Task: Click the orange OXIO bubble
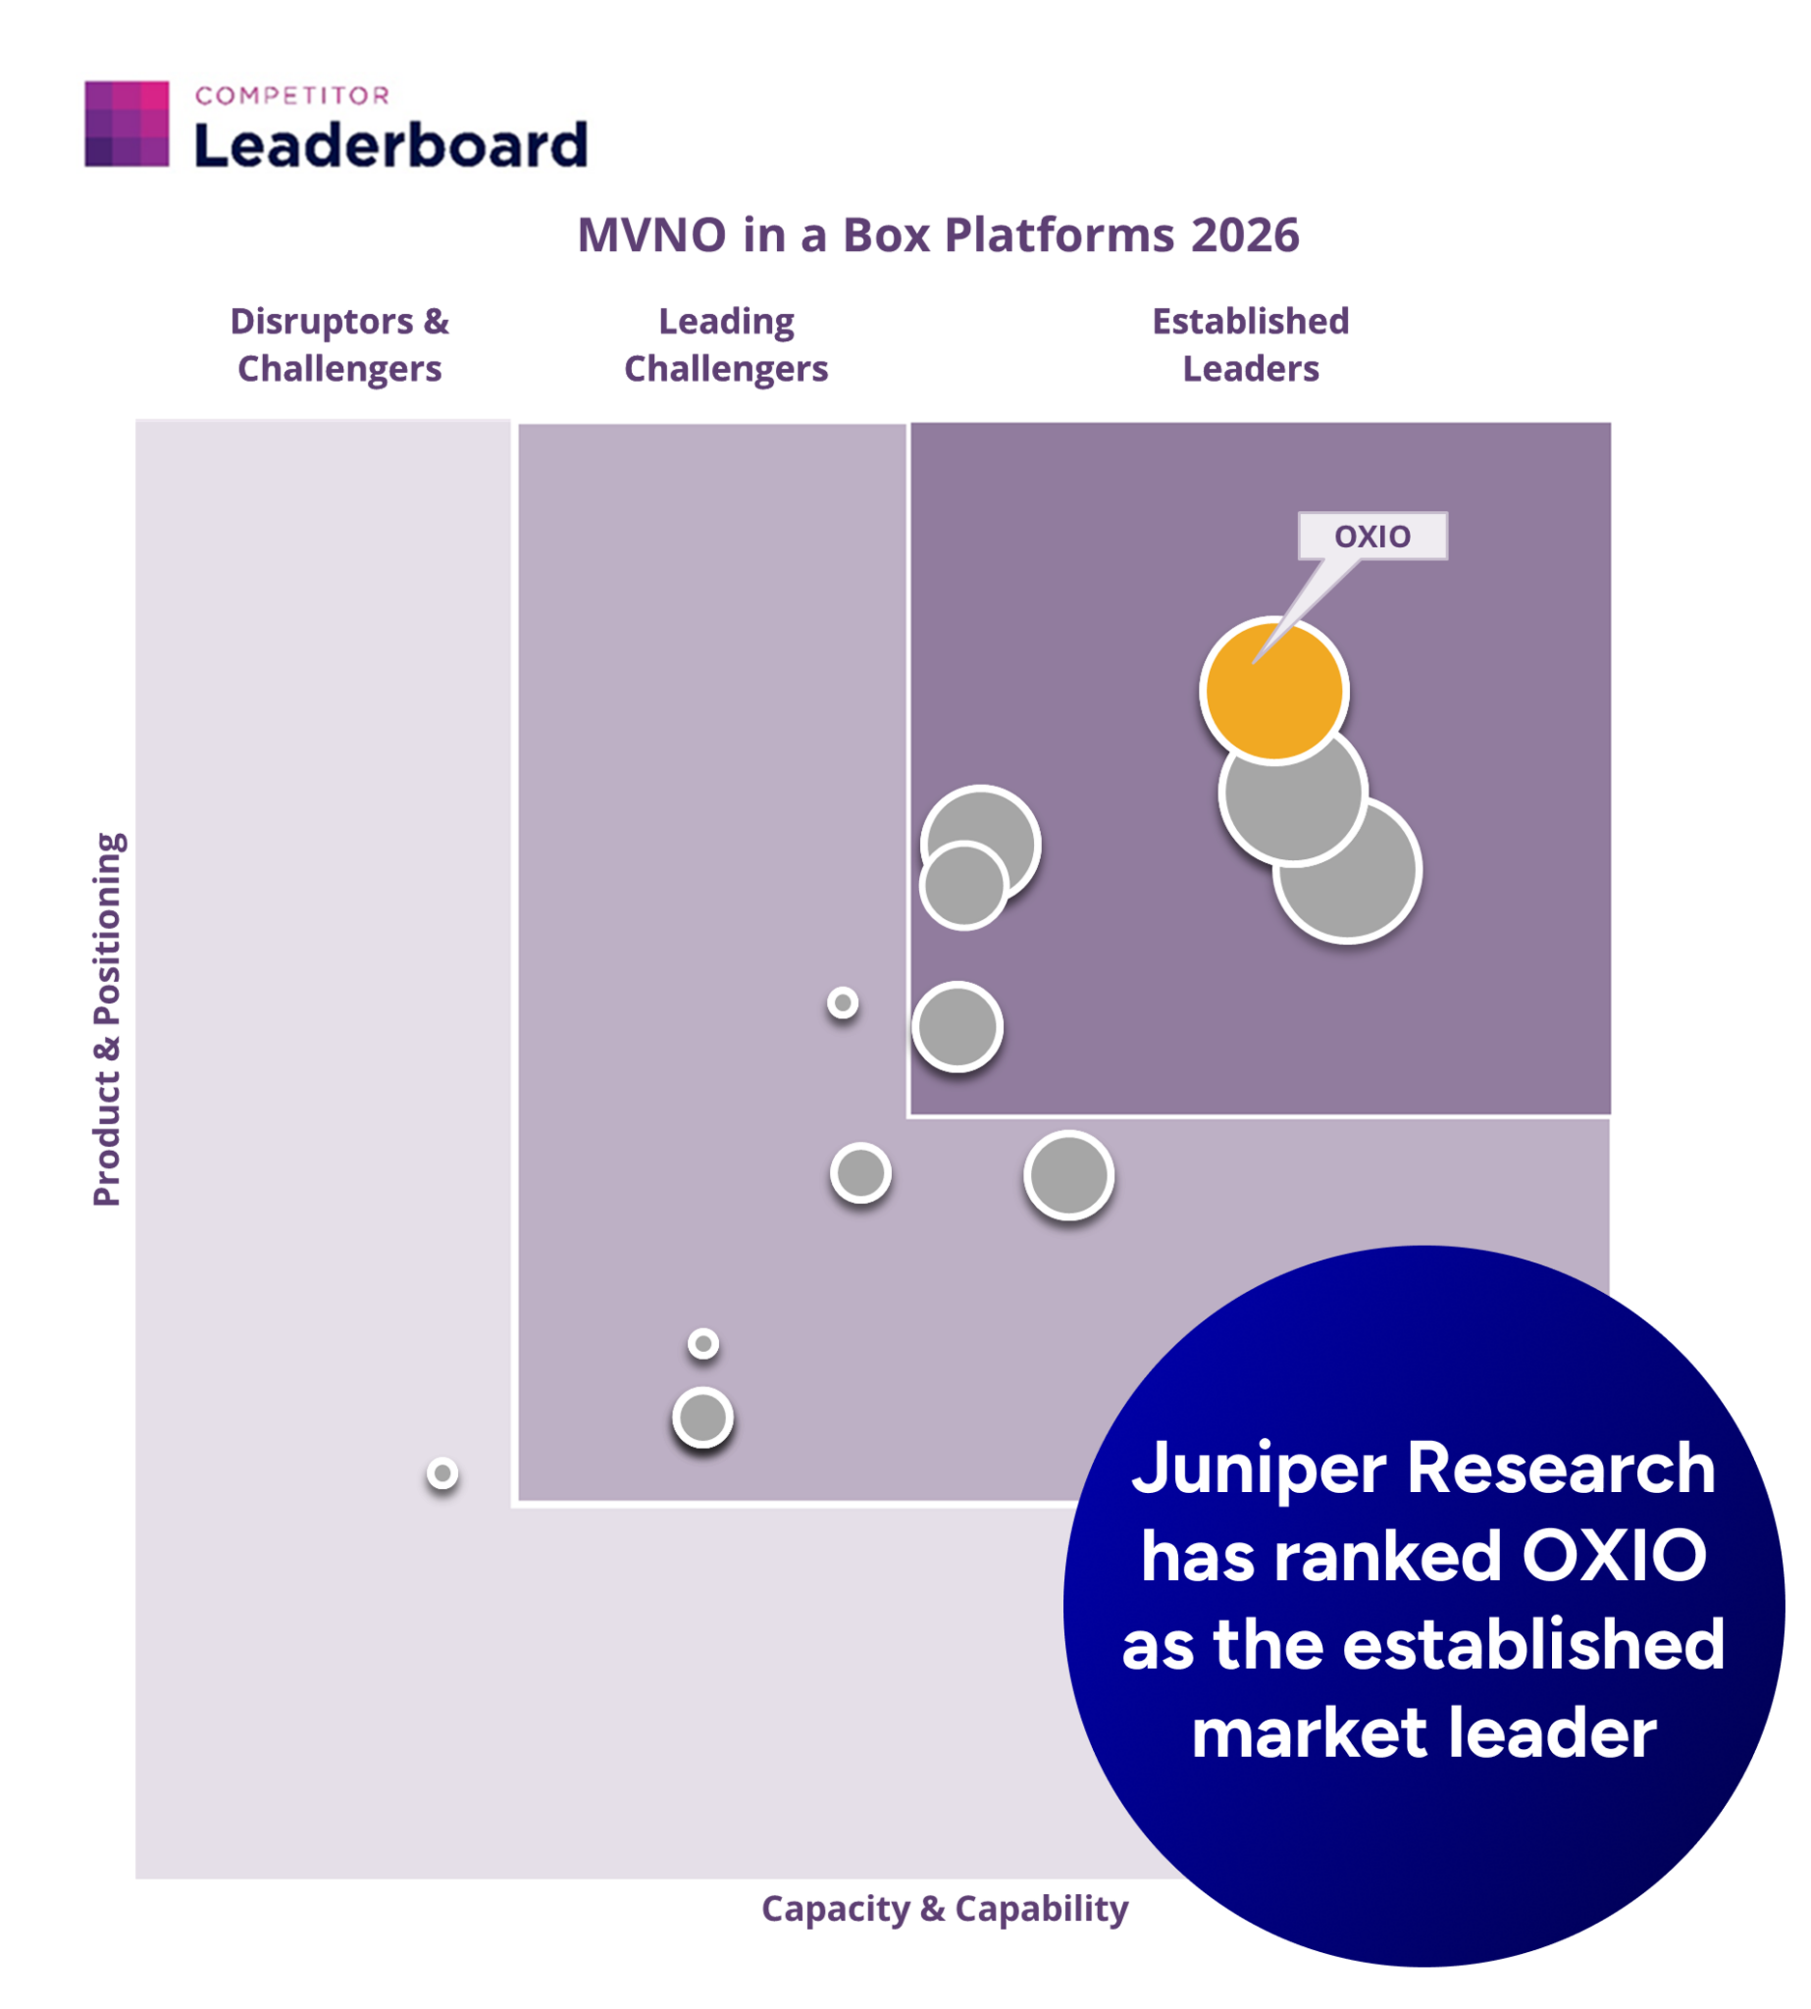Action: click(x=1273, y=690)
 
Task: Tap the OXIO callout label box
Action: click(x=1372, y=537)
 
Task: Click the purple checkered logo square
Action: click(x=127, y=124)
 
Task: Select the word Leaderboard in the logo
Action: click(x=390, y=145)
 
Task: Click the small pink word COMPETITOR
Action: click(x=292, y=95)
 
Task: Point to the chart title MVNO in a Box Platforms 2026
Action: click(x=938, y=234)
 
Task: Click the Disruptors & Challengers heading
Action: click(x=339, y=344)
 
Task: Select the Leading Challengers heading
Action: click(x=726, y=344)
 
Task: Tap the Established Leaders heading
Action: click(x=1251, y=344)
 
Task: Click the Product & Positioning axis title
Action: click(x=108, y=1019)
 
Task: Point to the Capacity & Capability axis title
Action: click(x=945, y=1908)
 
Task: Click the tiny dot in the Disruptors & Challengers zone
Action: click(x=442, y=1472)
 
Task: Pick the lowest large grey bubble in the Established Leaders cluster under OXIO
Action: click(x=1348, y=870)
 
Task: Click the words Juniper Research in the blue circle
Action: click(x=1423, y=1468)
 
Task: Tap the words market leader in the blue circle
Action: click(x=1423, y=1732)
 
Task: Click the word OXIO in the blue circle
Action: click(x=1614, y=1555)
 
